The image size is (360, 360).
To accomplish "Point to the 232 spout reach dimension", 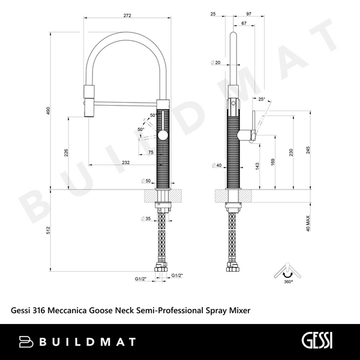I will pyautogui.click(x=125, y=163).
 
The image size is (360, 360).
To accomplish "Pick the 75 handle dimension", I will pyautogui.click(x=150, y=152).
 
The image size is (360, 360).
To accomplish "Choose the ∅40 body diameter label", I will pyautogui.click(x=217, y=165).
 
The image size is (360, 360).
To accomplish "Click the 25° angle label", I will pyautogui.click(x=262, y=100).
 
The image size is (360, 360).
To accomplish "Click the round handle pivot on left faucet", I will pyautogui.click(x=163, y=136).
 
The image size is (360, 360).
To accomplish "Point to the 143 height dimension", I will pyautogui.click(x=256, y=165).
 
